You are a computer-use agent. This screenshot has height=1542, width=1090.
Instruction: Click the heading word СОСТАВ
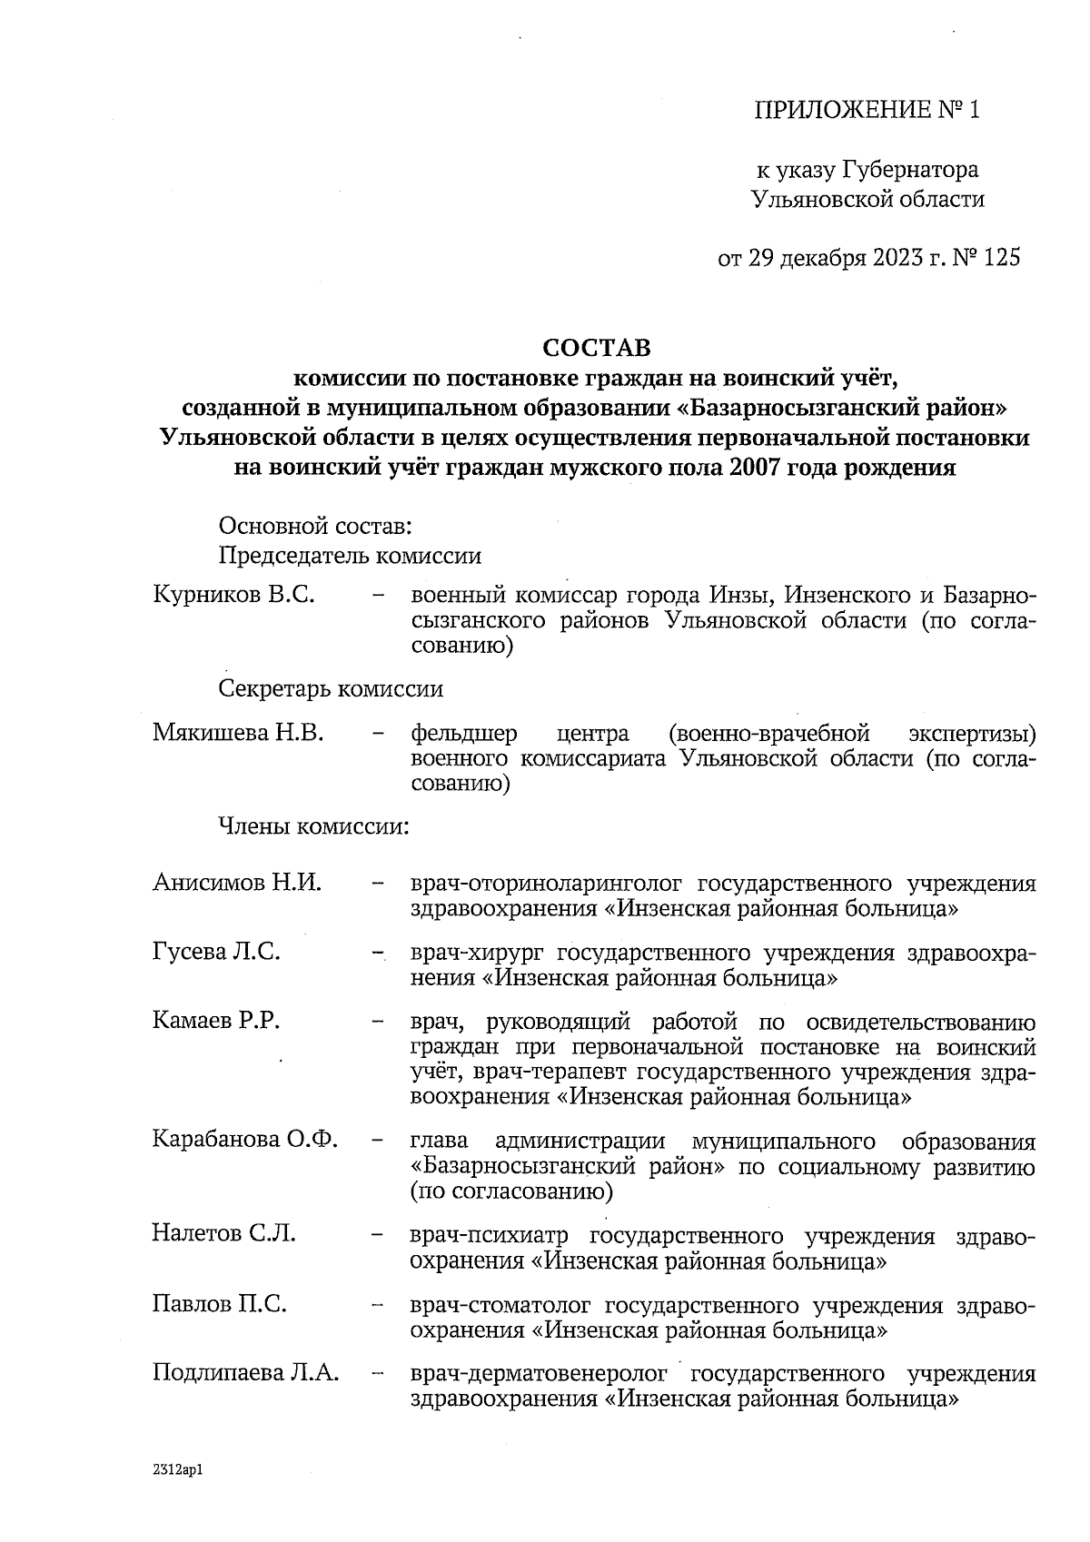(597, 348)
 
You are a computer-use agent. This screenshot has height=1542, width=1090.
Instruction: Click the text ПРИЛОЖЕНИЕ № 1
(868, 111)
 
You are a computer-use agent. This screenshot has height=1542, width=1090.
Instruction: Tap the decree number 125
(1002, 258)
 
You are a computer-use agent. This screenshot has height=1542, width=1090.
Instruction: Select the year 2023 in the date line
(898, 258)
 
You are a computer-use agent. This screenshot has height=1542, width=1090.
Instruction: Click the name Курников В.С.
(233, 596)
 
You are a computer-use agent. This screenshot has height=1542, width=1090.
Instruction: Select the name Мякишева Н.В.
(238, 732)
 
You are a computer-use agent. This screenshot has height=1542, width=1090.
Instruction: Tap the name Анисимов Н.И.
(237, 883)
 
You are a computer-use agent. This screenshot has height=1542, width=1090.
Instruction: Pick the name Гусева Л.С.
(216, 952)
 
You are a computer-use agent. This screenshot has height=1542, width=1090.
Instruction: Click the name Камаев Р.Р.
(216, 1021)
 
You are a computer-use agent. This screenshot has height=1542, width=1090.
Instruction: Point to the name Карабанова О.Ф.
(245, 1140)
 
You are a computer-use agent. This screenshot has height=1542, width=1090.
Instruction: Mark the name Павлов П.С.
(219, 1305)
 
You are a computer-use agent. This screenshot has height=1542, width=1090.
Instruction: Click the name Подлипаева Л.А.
(245, 1373)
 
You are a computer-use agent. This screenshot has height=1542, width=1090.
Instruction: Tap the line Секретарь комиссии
(331, 689)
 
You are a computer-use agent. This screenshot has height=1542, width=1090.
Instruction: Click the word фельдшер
(464, 733)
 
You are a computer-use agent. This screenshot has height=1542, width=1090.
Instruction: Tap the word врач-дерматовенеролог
(539, 1374)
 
